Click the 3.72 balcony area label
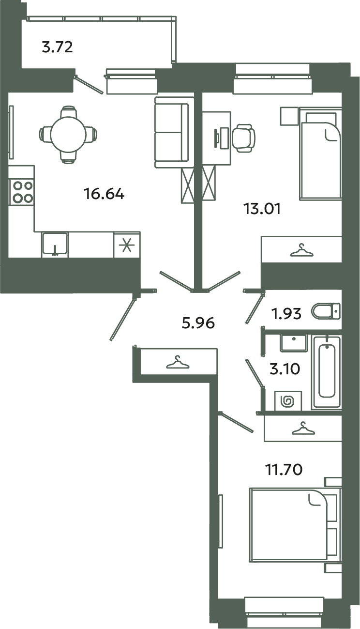coord(57,47)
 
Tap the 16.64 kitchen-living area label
coord(104,194)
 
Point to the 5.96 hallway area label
coord(198,322)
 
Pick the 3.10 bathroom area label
coord(285,369)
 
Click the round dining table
coord(68,134)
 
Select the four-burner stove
coord(21,192)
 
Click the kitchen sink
coord(55,244)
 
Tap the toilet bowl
coord(325,310)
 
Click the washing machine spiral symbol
coord(287,401)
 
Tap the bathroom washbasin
coord(293,343)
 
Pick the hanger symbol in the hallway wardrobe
coord(177,362)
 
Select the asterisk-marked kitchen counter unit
coord(127,245)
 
